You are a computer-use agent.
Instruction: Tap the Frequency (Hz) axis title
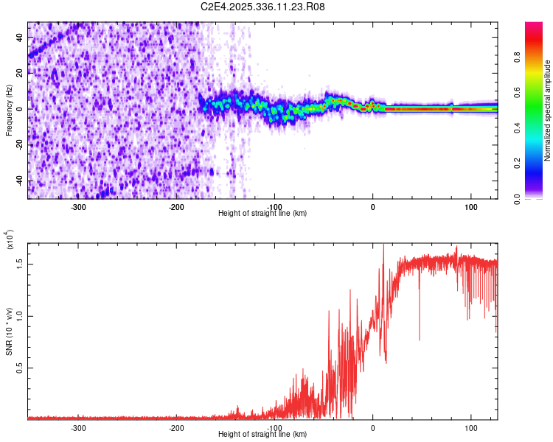10,110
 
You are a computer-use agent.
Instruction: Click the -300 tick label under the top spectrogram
78,207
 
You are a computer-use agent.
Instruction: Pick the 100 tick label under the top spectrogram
470,207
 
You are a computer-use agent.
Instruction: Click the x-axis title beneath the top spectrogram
262,214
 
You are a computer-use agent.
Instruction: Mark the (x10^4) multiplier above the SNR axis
10,240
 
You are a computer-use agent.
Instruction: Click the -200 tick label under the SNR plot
176,428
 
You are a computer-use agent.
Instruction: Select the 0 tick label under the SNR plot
372,428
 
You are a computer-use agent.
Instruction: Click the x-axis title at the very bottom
262,435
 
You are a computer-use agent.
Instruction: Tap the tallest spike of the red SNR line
383,245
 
